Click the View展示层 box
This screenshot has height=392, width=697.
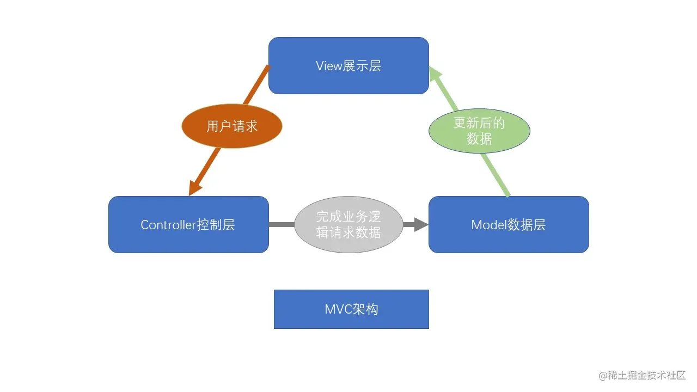tap(348, 65)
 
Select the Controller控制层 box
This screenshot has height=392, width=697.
tap(188, 224)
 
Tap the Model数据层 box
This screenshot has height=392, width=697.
tap(509, 224)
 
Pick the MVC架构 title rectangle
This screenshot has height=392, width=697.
tap(351, 309)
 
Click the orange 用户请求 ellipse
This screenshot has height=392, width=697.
tap(232, 126)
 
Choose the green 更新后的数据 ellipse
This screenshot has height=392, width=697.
tap(479, 131)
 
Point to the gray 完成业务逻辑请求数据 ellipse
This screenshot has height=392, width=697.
tap(348, 224)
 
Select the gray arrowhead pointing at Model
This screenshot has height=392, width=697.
tap(420, 224)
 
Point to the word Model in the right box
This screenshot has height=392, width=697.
tap(489, 225)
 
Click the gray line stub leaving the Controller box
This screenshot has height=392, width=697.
tap(281, 224)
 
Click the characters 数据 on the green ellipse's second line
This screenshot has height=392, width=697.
tap(479, 139)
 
